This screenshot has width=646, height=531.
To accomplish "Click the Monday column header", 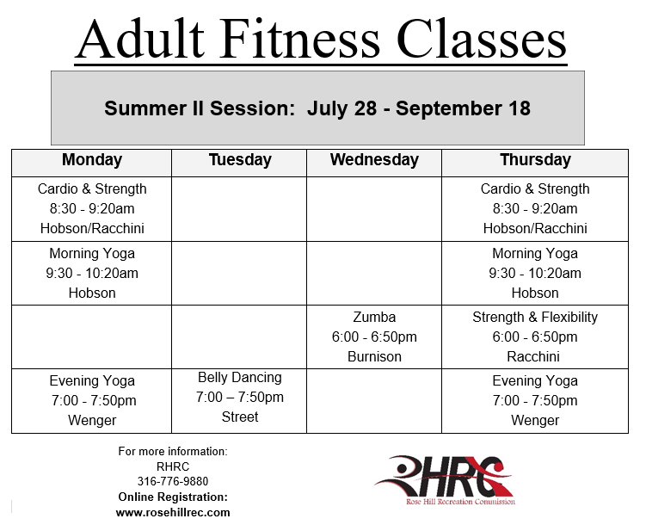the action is click(x=92, y=160).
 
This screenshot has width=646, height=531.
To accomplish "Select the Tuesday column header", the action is click(x=240, y=160).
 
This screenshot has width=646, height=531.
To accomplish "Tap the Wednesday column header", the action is click(x=374, y=160).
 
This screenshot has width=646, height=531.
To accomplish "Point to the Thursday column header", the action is click(x=535, y=160).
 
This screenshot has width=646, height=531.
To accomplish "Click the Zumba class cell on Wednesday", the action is click(x=374, y=337).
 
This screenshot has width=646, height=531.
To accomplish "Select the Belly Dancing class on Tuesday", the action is click(x=240, y=397).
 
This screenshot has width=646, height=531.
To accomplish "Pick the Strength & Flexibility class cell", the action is click(x=535, y=337).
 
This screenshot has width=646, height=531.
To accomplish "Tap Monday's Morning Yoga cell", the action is click(x=92, y=273).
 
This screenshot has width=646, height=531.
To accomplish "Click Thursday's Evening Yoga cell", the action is click(x=535, y=400).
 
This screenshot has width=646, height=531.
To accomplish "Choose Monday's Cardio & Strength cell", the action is click(x=92, y=208).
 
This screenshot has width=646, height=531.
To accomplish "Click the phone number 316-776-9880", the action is click(x=173, y=481).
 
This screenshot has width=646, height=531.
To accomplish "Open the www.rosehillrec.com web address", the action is click(x=173, y=512).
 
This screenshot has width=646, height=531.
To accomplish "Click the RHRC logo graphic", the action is click(x=445, y=480).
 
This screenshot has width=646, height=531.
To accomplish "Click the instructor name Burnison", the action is click(x=374, y=356).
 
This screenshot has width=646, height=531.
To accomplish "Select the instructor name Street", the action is click(x=240, y=417).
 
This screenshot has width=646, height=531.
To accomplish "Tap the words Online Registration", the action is click(x=173, y=497).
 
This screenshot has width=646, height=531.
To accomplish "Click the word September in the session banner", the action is click(x=449, y=108).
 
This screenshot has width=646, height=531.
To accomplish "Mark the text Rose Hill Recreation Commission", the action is click(x=460, y=502).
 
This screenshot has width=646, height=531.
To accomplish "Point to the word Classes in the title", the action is click(x=482, y=40).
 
